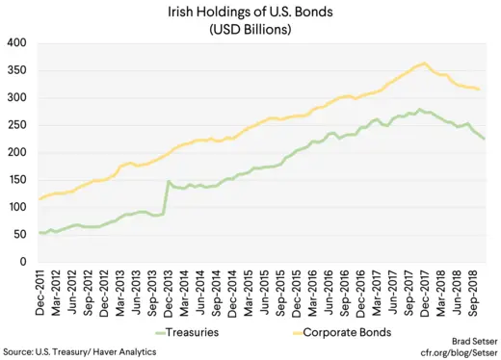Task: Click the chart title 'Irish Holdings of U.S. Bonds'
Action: pyautogui.click(x=250, y=11)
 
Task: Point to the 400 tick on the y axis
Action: pyautogui.click(x=16, y=43)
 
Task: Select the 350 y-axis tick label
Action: pyautogui.click(x=16, y=71)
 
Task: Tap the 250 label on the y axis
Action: pyautogui.click(x=16, y=125)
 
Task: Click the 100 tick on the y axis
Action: pyautogui.click(x=16, y=207)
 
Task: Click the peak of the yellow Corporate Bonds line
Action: pyautogui.click(x=425, y=64)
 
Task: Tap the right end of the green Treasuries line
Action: pyautogui.click(x=484, y=140)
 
